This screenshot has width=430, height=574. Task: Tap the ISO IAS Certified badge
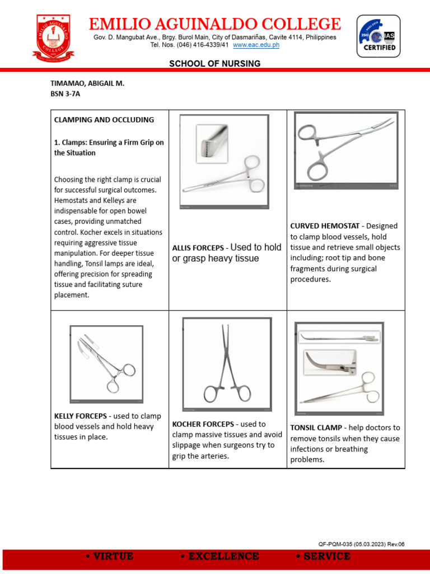[x=378, y=36]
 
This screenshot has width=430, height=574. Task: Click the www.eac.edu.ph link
[x=256, y=45]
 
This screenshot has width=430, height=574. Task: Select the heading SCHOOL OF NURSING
[x=215, y=64]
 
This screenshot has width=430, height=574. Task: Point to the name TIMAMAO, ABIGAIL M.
[x=87, y=84]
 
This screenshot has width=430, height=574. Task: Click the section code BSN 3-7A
[x=66, y=94]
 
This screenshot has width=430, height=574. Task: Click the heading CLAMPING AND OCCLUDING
[x=104, y=120]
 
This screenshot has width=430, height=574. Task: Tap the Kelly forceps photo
[x=106, y=364]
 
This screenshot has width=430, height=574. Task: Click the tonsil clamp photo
[x=339, y=369]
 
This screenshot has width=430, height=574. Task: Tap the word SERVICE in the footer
[x=322, y=557]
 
